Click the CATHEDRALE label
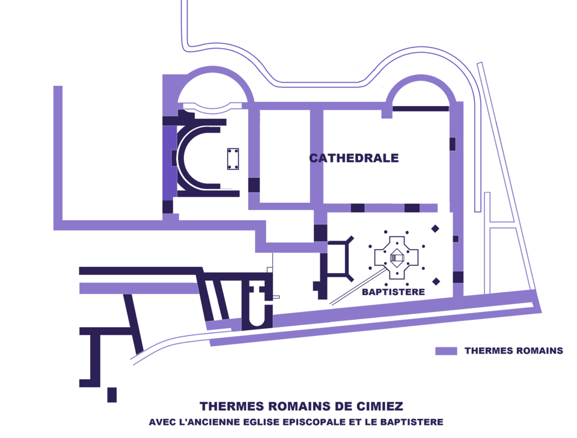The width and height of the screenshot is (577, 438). [354, 158]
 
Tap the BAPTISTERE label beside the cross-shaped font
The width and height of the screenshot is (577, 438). [393, 292]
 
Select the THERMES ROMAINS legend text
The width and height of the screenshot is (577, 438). [513, 351]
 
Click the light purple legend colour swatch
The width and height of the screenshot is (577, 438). [446, 351]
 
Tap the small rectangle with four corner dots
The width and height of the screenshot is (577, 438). [233, 159]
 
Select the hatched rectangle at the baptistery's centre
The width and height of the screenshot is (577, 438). [397, 258]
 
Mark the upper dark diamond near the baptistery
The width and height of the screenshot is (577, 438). [435, 229]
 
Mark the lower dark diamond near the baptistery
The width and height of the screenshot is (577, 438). [436, 281]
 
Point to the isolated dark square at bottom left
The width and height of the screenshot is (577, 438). [112, 395]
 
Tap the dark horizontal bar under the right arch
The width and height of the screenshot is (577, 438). [421, 109]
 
